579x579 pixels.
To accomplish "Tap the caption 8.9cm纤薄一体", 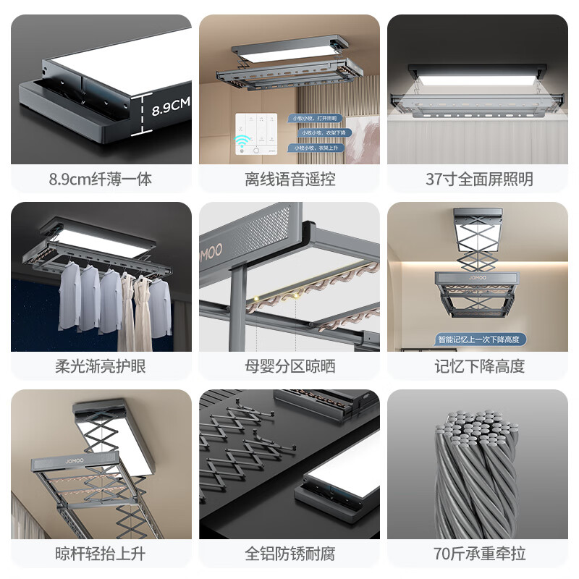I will pos(101,179).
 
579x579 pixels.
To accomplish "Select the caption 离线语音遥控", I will pos(289,179).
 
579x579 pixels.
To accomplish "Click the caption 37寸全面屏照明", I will pos(478,179).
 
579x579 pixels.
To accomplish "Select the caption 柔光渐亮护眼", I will pos(101,366).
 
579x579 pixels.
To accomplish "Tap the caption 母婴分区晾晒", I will pos(289,366).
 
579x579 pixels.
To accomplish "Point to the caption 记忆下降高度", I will pos(478,366).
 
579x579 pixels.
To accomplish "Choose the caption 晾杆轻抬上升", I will pos(101,554).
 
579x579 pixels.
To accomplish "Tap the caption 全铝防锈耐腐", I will pos(289,554).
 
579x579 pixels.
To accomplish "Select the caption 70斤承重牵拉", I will pos(478,554).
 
